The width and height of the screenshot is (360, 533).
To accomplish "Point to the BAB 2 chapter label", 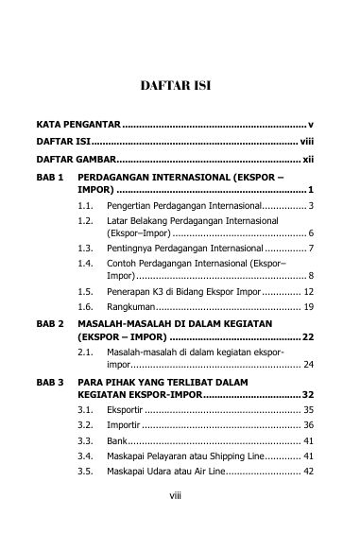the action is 49,323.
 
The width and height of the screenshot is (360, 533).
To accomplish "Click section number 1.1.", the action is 86,205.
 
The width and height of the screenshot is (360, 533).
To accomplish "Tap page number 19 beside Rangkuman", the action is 308,307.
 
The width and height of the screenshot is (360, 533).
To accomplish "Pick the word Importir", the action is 126,427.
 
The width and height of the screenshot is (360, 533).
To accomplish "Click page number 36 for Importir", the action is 308,427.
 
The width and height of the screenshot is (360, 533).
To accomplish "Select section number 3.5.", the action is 86,471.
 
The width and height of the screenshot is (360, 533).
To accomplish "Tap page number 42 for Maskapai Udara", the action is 308,471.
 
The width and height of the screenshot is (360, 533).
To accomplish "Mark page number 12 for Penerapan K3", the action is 308,292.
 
